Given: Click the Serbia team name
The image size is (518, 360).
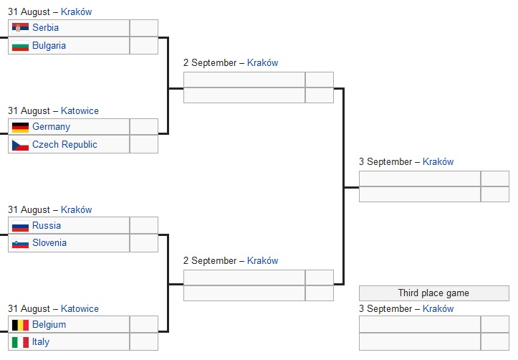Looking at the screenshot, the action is [x=45, y=27].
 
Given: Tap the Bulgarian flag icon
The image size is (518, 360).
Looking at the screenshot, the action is [x=20, y=46].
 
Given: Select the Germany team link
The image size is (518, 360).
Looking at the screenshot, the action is [x=51, y=127].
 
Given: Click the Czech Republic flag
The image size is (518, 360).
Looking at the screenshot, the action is [x=20, y=145].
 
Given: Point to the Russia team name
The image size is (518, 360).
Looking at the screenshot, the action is [x=47, y=225].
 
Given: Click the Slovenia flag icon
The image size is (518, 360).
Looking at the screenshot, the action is [x=20, y=243].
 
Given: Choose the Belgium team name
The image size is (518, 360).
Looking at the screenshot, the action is [x=49, y=325].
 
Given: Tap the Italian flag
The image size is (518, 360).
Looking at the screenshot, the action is [x=20, y=342].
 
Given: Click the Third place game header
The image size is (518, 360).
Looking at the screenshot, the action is [x=433, y=293].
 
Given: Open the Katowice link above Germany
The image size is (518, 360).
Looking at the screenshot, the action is [x=80, y=110].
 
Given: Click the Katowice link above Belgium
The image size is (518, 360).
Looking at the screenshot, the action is [x=80, y=309].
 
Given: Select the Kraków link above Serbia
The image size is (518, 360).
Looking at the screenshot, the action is [x=77, y=11].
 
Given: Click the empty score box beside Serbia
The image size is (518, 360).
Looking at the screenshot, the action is [x=144, y=28].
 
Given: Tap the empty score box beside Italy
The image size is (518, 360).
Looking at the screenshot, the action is [x=144, y=342].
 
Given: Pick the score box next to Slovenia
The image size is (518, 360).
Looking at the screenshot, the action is [x=144, y=243].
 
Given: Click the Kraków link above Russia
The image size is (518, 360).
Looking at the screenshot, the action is [x=77, y=209].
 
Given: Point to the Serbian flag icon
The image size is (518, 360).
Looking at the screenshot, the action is [x=20, y=27].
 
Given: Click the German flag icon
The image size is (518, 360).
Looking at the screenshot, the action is [x=20, y=127].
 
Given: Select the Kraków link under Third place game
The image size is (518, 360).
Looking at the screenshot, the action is [x=438, y=309].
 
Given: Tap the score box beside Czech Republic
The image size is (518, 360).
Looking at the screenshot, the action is [x=144, y=144].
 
